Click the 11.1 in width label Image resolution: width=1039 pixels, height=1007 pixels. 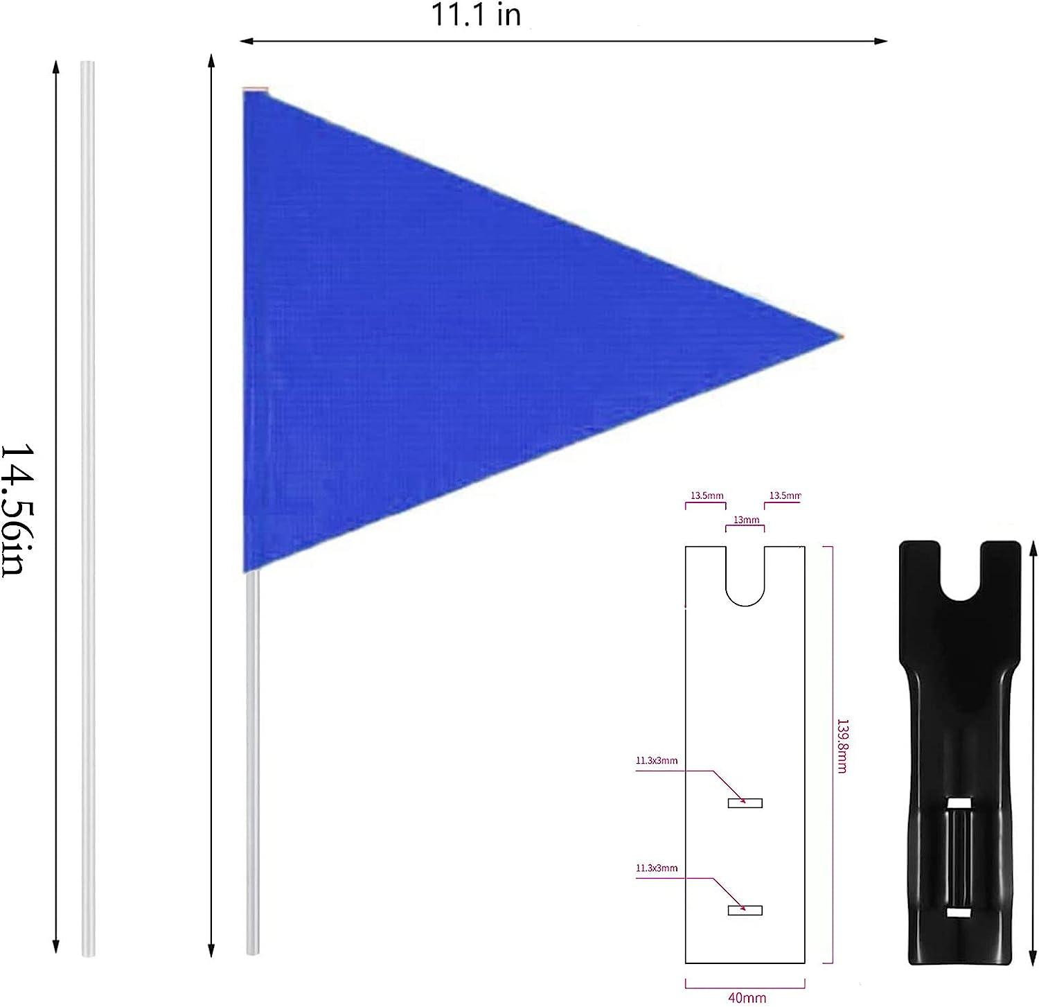coord(476,15)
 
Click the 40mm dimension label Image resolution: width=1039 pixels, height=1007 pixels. coord(746,998)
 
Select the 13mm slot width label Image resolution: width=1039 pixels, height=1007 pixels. coord(745,520)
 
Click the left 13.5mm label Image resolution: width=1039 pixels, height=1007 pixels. coord(706,496)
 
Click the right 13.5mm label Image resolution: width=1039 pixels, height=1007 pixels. coord(785,496)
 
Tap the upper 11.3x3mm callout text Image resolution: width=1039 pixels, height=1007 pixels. coord(656,760)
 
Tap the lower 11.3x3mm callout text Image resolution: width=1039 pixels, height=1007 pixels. coord(656,868)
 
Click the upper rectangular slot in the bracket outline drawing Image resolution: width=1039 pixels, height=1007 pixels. coord(745,803)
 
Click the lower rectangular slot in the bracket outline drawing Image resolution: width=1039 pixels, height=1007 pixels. coord(745,910)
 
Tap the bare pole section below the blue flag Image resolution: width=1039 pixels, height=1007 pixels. coord(253,762)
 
